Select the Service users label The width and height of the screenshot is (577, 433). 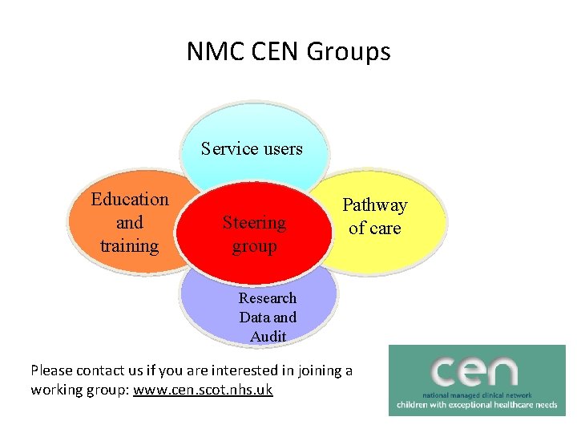pos(252,148)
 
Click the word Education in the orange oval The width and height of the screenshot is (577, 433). pos(130,199)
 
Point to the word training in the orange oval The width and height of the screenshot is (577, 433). pos(130,245)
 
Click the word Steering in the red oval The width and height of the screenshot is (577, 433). pos(254,222)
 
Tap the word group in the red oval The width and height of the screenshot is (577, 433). pos(254,246)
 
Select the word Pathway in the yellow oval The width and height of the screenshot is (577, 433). pos(375,205)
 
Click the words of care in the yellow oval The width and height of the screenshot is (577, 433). pos(374,228)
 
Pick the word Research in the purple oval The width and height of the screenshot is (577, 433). pos(268,297)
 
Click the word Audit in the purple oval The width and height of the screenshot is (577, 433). pos(268,337)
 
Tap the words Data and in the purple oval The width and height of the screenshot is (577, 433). pos(268,317)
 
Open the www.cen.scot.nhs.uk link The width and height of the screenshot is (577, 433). pos(204,390)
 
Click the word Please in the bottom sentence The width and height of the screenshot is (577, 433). pos(52,370)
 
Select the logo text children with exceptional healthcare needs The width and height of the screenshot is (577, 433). pos(477,406)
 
